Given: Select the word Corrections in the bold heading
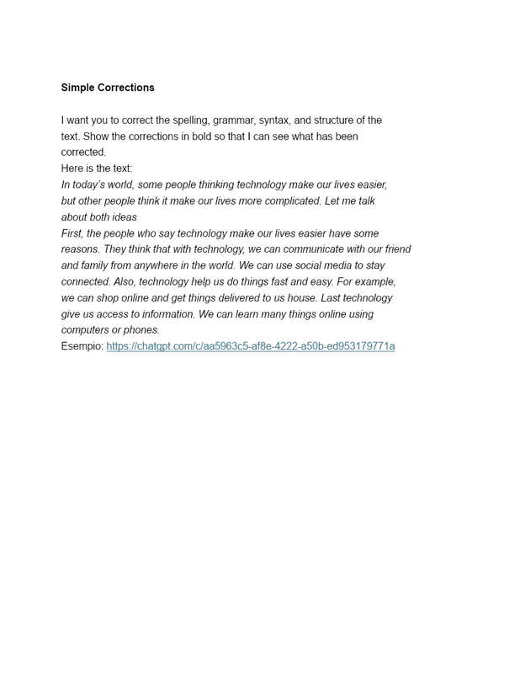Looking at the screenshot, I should [x=127, y=88].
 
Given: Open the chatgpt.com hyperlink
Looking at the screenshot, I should [x=250, y=346].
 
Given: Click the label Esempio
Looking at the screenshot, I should [x=82, y=346].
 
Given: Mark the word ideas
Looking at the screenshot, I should [x=124, y=217].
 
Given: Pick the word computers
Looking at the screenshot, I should [x=88, y=330].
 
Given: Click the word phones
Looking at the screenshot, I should [x=142, y=330].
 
